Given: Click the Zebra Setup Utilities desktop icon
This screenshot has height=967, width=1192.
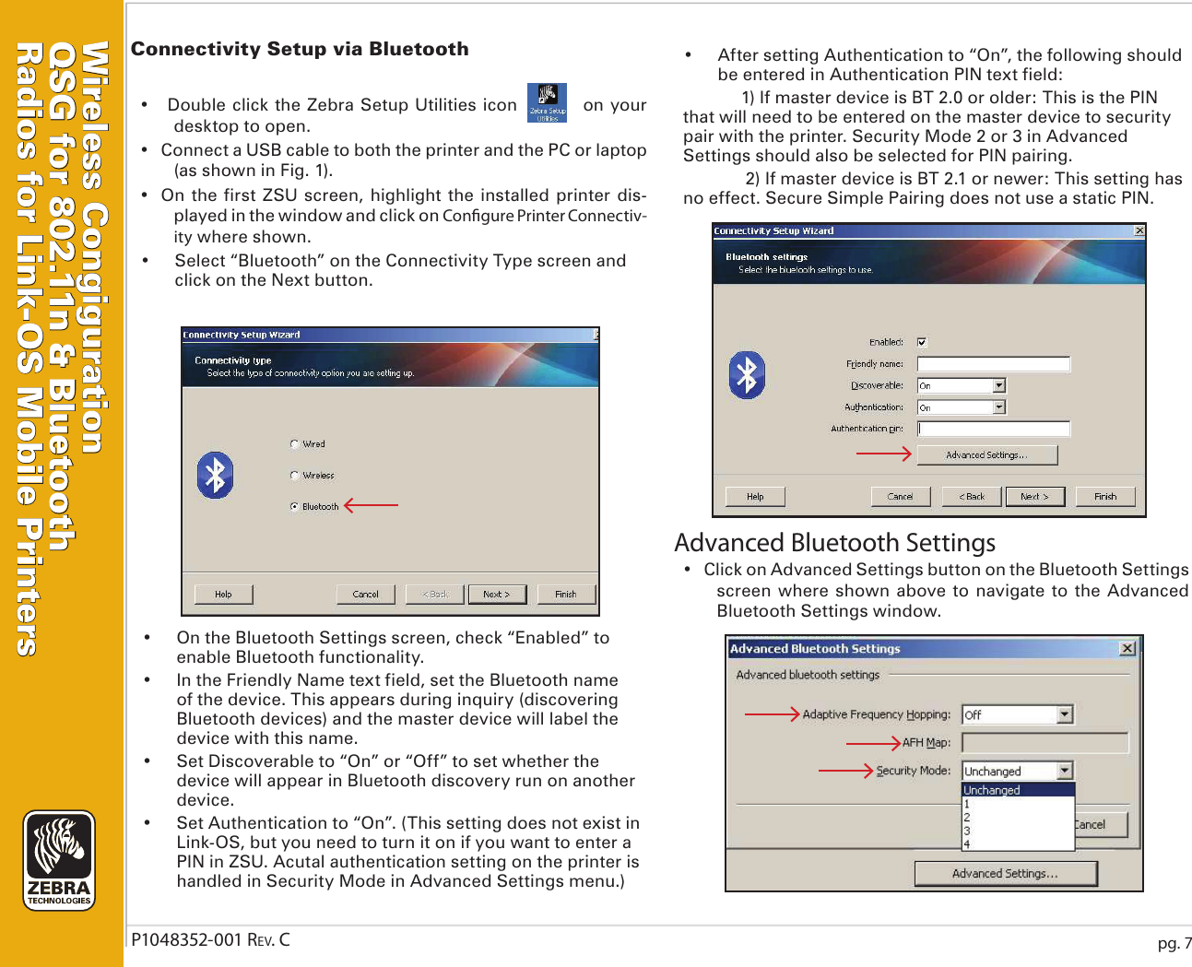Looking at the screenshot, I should coord(547,102).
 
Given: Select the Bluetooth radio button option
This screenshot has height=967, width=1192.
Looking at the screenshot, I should coord(294,506).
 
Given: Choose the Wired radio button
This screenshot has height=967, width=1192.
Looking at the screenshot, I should coord(294,444).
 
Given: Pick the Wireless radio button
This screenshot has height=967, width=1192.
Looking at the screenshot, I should coord(294,476).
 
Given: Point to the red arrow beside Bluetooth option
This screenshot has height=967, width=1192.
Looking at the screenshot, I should coord(371,505).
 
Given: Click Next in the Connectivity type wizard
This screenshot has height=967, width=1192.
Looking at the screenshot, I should coord(496,595).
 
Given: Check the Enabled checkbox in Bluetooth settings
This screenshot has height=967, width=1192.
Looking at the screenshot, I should coord(921,342).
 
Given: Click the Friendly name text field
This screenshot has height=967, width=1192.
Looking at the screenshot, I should coord(993,364).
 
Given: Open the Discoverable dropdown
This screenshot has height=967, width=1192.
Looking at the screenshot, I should coord(998,386).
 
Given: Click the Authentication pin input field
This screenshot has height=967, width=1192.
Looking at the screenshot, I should coord(993,429).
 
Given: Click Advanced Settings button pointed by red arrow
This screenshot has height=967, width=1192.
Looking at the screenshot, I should coord(985,455).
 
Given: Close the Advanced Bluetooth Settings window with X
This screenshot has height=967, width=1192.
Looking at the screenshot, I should coord(1127,649).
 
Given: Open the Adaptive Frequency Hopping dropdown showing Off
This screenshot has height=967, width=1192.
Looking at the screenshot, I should coord(1065,714).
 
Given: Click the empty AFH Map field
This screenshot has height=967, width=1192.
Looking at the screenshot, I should coord(1044,743).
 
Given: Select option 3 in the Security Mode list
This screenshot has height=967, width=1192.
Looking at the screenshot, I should coord(967,831).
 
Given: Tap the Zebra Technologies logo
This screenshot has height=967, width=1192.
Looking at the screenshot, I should coord(59,860).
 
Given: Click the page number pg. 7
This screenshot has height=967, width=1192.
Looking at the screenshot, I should coord(1174,943).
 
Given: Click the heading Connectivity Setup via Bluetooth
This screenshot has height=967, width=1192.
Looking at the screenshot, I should coord(300,49).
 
